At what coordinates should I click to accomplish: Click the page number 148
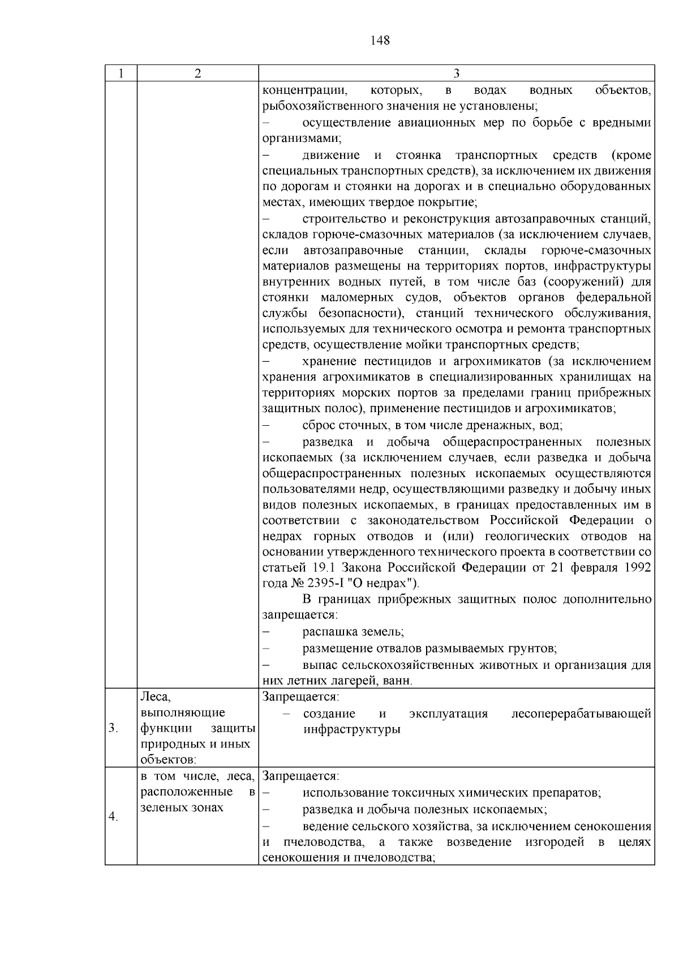click(380, 40)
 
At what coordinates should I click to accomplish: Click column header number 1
click(121, 73)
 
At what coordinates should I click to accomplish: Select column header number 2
click(197, 73)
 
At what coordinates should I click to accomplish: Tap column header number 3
click(457, 73)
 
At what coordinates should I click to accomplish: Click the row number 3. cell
click(113, 728)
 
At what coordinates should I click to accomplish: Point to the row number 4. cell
click(113, 817)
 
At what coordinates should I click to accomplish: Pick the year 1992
click(635, 568)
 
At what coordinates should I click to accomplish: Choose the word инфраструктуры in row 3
click(352, 729)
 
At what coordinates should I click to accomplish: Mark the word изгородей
click(554, 842)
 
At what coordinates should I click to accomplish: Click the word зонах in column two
click(201, 807)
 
